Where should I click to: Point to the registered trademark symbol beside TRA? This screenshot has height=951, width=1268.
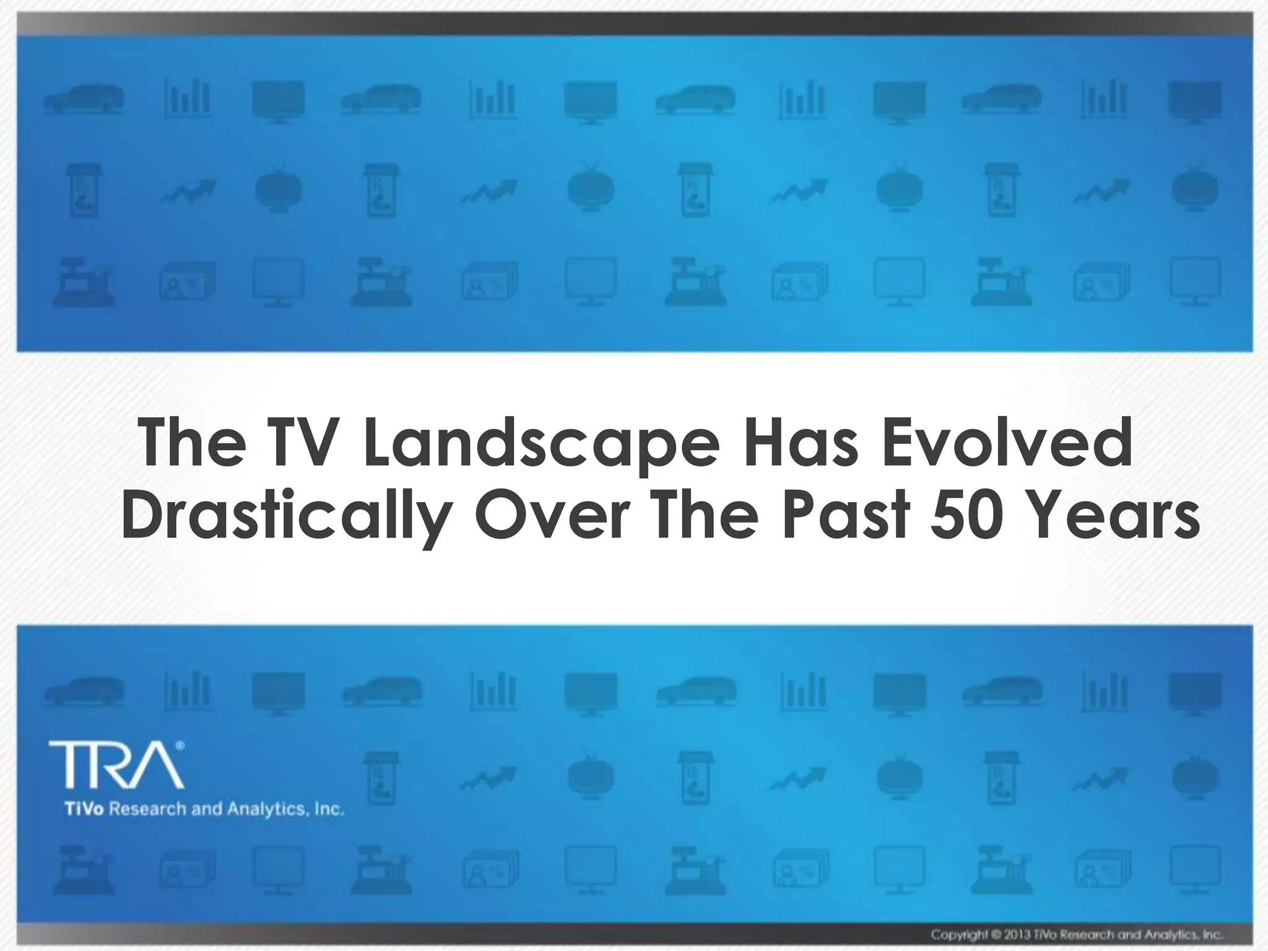click(x=180, y=746)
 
